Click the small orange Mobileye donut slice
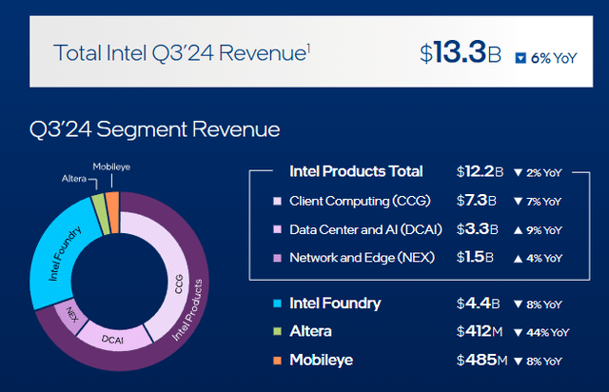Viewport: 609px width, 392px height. [x=112, y=205]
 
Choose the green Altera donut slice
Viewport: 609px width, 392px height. [x=98, y=207]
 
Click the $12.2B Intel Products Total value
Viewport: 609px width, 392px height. [x=481, y=171]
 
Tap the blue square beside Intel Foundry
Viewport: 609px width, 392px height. [x=276, y=304]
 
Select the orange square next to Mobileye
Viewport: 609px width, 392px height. [x=276, y=361]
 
